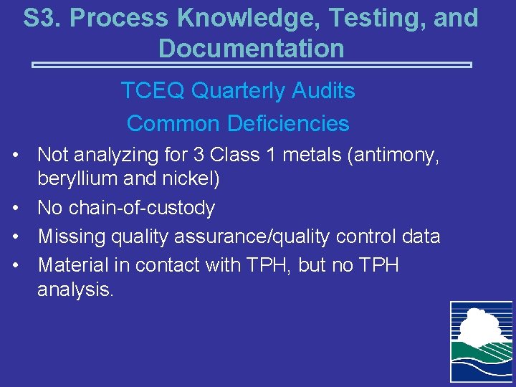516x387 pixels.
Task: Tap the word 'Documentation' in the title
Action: pos(251,49)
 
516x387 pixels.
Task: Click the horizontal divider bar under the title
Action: pos(252,65)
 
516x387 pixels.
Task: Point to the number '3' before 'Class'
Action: pos(198,154)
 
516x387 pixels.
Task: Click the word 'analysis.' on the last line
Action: pos(75,290)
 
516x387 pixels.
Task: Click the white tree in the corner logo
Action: pos(479,323)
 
